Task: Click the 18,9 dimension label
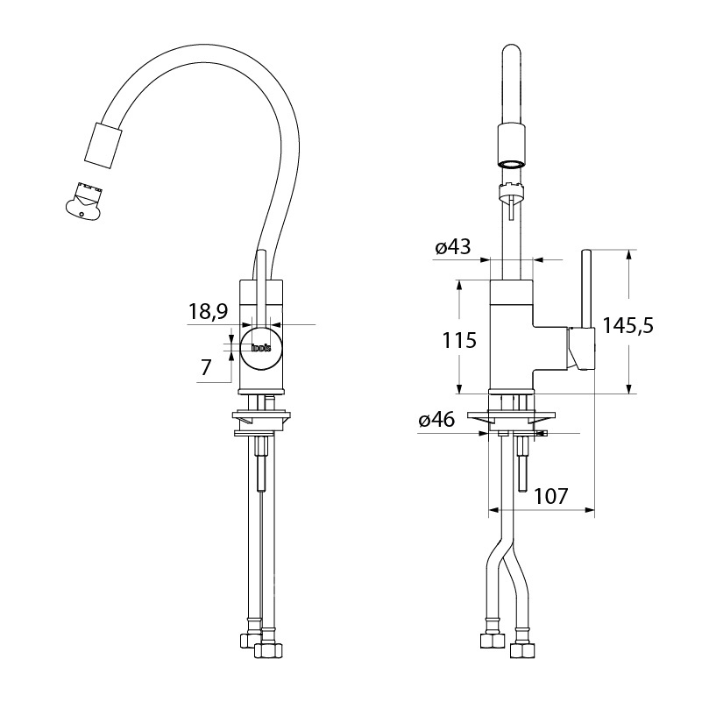click(208, 311)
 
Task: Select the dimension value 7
click(205, 367)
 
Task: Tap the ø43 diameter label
click(453, 246)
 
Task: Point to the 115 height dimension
click(459, 340)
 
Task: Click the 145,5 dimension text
click(628, 325)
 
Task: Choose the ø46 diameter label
click(436, 420)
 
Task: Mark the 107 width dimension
click(550, 496)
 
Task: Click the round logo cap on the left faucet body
click(261, 348)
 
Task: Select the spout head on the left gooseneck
click(103, 145)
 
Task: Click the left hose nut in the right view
click(492, 641)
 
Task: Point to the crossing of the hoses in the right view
click(505, 558)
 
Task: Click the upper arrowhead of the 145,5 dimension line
click(629, 255)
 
